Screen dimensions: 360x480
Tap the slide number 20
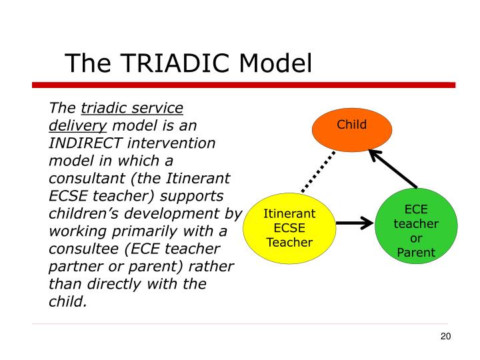tap(446, 336)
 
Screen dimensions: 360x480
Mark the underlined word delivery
tap(77, 126)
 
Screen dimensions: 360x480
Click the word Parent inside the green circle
tap(416, 252)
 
